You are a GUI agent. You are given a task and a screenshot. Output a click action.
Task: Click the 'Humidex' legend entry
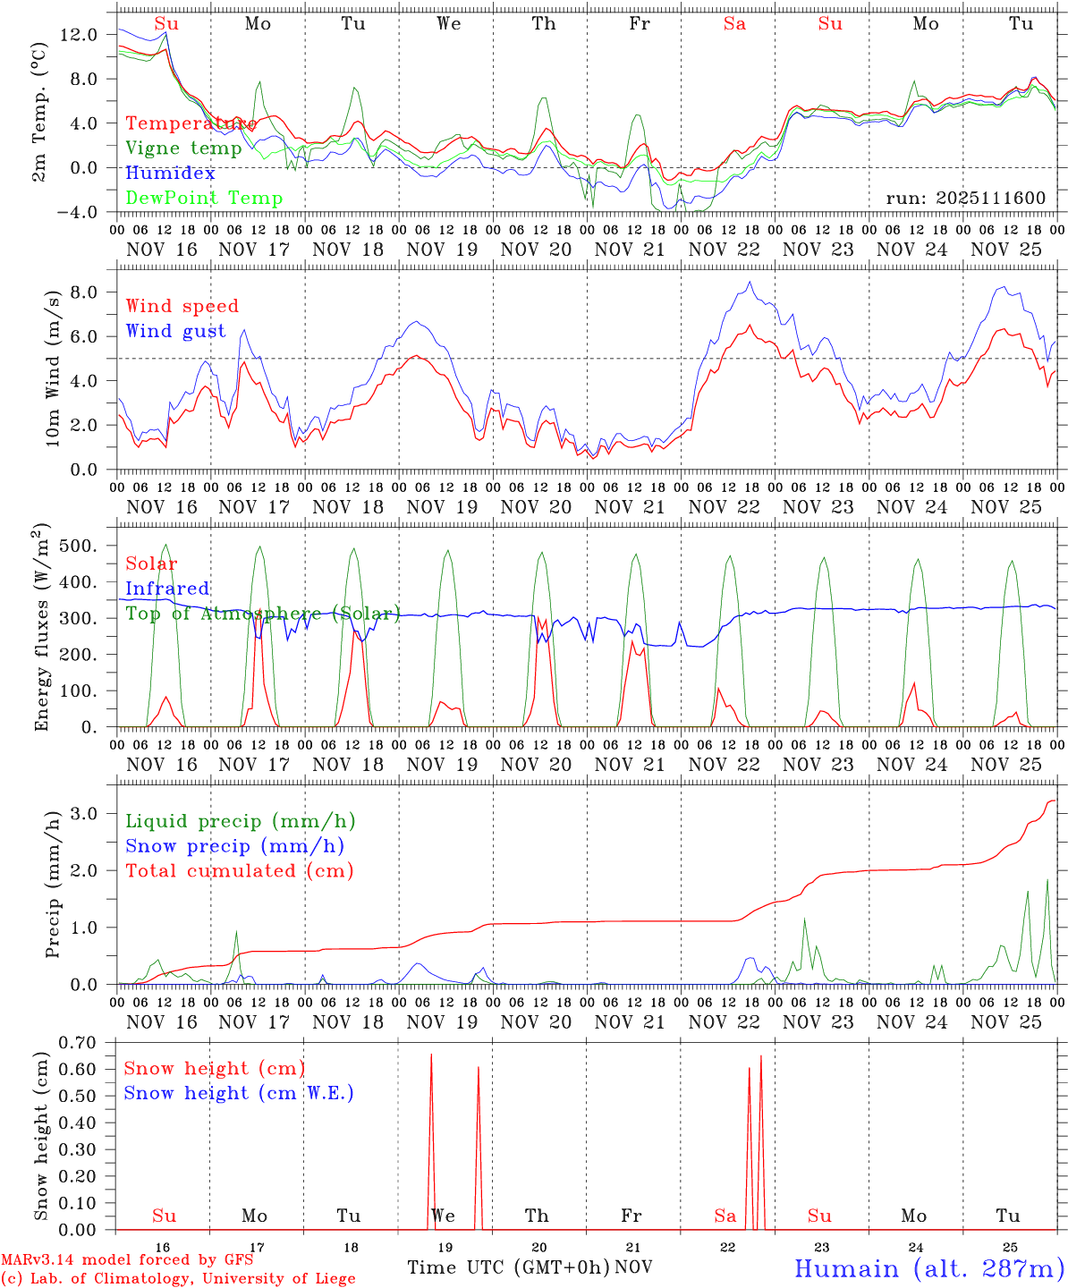click(170, 174)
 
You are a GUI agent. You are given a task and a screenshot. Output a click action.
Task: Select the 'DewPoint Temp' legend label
click(204, 199)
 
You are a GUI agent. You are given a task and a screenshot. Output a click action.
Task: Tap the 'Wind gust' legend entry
click(175, 331)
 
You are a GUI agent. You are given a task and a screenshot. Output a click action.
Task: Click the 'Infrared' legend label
click(167, 589)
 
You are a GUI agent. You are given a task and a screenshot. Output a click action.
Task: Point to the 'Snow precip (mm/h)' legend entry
click(234, 846)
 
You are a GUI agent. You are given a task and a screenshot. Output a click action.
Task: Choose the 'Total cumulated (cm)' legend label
click(239, 871)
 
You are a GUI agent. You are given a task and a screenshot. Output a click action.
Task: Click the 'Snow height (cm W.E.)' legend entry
click(238, 1093)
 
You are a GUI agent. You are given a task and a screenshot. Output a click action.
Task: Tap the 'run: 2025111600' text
click(965, 199)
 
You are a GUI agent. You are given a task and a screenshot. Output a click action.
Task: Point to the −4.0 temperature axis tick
click(78, 212)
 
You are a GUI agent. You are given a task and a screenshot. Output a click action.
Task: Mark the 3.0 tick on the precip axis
click(89, 813)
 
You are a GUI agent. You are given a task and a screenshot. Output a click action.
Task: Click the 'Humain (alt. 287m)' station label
click(928, 1269)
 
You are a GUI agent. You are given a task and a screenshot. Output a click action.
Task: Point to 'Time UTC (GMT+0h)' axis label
click(508, 1267)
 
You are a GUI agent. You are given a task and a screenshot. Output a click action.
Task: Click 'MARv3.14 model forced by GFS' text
click(127, 1260)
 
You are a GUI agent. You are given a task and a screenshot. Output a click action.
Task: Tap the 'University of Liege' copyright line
click(179, 1278)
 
